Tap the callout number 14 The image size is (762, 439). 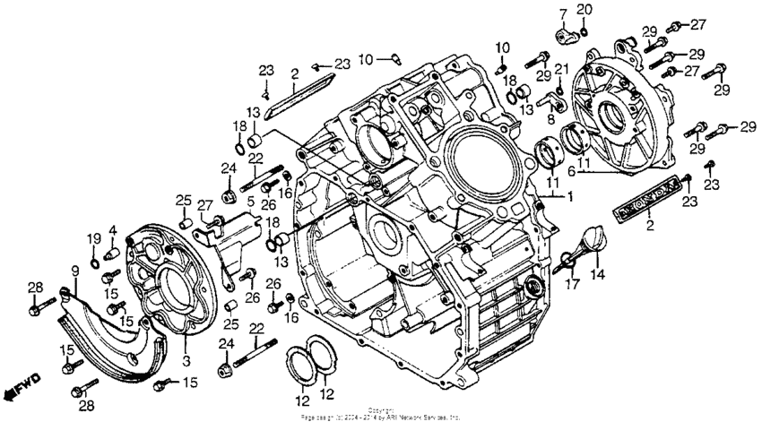[x=596, y=275]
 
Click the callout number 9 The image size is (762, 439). [x=74, y=270]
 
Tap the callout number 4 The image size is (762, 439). [x=112, y=231]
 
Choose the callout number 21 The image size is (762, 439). [x=561, y=69]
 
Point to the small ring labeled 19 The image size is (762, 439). [x=94, y=254]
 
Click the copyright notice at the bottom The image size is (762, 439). [x=381, y=415]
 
